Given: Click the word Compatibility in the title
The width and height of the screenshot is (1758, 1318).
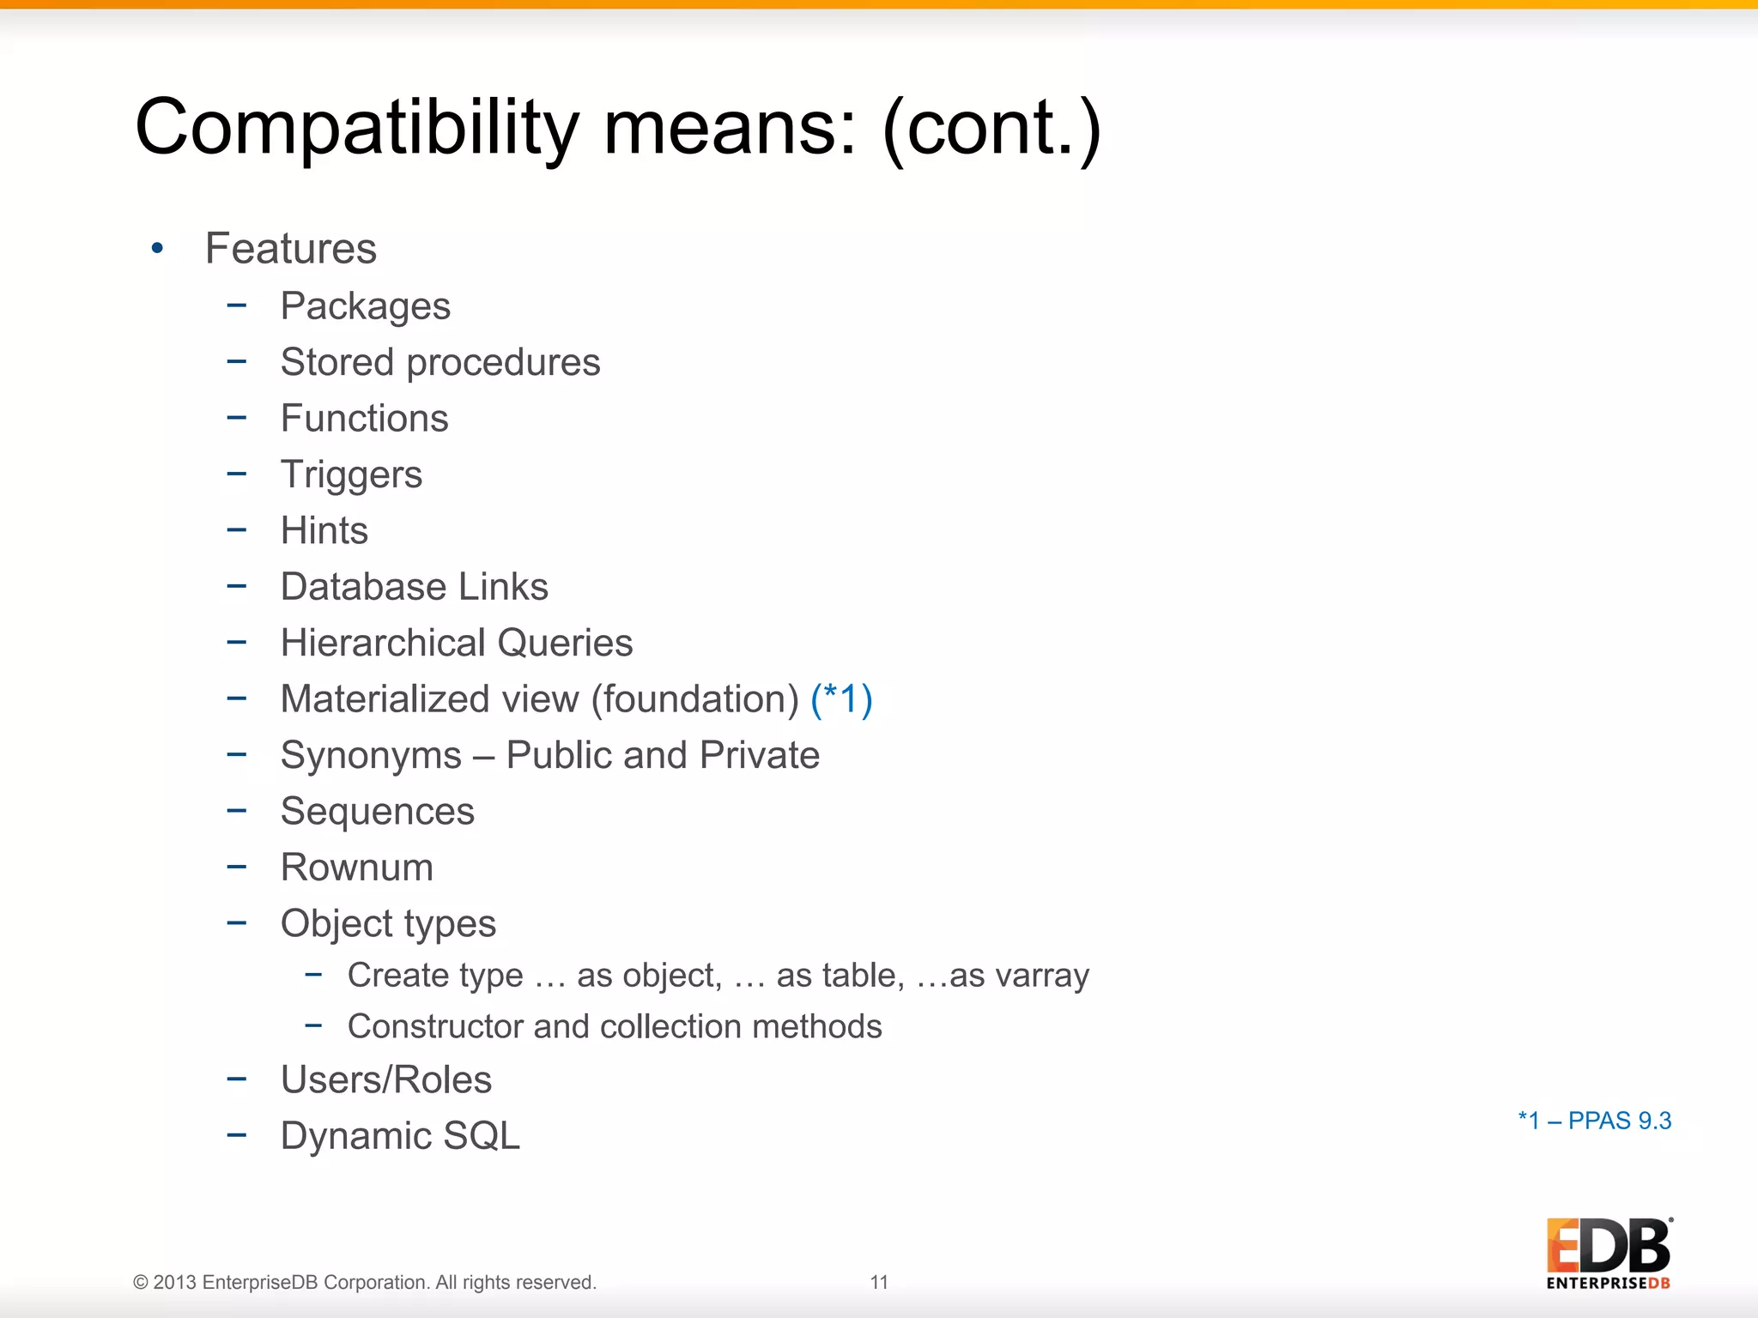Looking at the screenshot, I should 357,129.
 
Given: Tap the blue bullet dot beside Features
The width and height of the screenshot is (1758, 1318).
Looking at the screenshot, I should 157,249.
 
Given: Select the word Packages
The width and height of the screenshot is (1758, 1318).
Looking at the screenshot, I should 365,306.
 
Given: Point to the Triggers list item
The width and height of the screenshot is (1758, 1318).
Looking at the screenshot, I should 351,475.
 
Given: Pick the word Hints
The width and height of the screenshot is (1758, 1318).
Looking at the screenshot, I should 324,530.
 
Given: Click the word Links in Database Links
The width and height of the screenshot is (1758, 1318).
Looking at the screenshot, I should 503,587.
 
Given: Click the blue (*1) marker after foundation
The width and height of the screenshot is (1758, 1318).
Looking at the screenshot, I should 841,699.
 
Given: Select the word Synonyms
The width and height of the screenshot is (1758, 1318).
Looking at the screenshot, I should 371,756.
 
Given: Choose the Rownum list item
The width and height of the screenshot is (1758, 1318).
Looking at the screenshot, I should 356,868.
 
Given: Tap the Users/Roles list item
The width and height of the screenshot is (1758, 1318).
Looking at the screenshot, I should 386,1079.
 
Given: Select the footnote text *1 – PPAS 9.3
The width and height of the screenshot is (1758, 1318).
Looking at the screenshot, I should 1594,1121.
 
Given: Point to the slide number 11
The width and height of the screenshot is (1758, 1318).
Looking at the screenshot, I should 879,1282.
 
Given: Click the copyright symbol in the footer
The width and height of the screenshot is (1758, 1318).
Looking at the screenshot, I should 140,1283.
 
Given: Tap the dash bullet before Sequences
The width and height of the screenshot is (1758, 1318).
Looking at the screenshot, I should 237,810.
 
